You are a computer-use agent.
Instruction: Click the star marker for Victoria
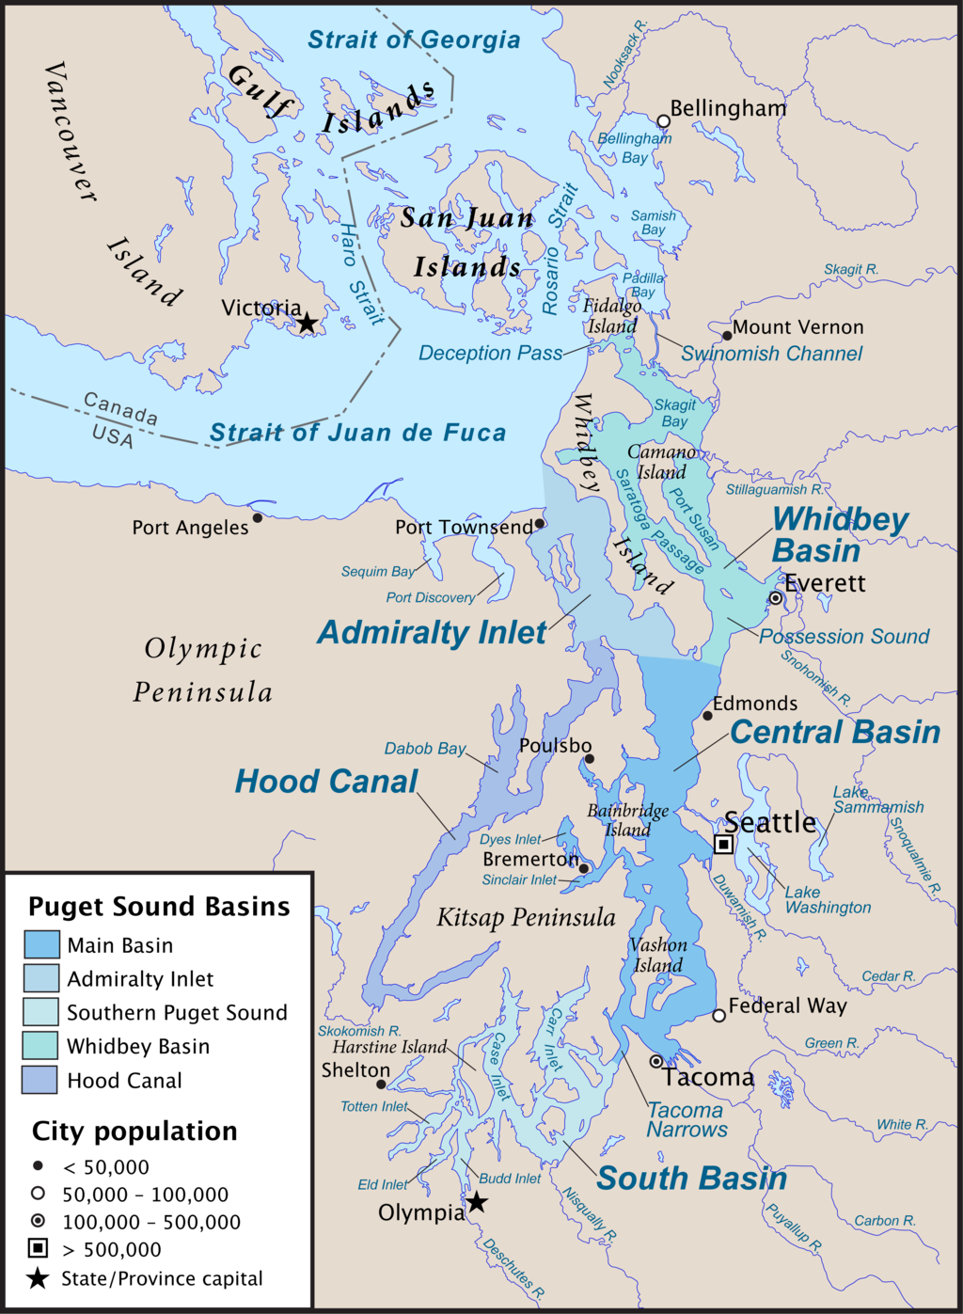[x=307, y=324]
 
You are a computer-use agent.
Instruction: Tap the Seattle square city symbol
[x=723, y=844]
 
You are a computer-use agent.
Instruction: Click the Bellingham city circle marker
[x=663, y=121]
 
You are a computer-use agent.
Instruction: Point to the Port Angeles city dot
[x=257, y=517]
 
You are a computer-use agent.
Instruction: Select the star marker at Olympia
[x=477, y=1202]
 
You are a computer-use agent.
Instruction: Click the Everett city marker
[x=775, y=598]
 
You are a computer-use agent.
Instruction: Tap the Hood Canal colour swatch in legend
[x=40, y=1080]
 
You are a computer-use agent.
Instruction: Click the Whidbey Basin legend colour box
[x=40, y=1046]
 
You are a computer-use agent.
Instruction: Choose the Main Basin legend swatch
[x=40, y=944]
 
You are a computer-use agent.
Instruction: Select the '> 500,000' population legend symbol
[x=38, y=1248]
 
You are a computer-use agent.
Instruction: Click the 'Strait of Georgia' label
[x=414, y=40]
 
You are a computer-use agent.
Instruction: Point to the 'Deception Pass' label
[x=490, y=354]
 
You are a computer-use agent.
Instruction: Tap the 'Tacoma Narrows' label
[x=687, y=1119]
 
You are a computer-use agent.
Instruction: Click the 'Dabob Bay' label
[x=425, y=749]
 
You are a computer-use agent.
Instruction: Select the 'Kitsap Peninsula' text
[x=526, y=918]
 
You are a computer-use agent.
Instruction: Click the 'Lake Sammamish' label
[x=876, y=799]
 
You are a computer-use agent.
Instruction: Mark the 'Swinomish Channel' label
[x=771, y=354]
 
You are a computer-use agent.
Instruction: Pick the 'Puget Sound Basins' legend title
[x=159, y=907]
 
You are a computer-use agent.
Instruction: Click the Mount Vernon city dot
[x=727, y=335]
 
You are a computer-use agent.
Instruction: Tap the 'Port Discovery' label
[x=431, y=597]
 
